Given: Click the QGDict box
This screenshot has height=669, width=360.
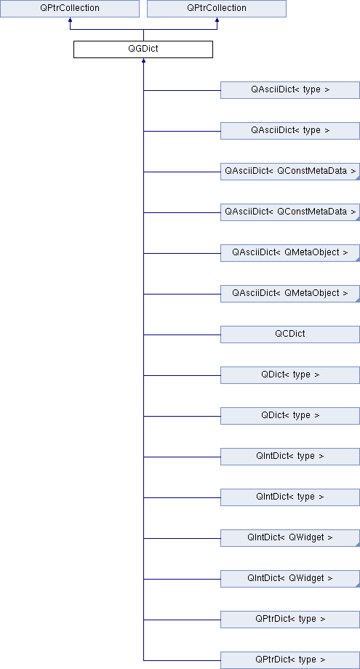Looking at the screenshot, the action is pyautogui.click(x=143, y=49).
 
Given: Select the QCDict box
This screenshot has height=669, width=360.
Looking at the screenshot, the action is pyautogui.click(x=290, y=334).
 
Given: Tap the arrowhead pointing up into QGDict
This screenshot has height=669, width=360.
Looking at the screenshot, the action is pyautogui.click(x=143, y=61).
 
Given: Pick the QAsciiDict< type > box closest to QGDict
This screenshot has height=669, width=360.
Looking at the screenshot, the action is pyautogui.click(x=290, y=90).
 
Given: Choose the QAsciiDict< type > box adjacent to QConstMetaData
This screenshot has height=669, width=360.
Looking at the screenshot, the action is pyautogui.click(x=290, y=131).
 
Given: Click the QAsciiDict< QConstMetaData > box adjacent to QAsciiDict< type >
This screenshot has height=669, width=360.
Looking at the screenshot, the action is pyautogui.click(x=290, y=172).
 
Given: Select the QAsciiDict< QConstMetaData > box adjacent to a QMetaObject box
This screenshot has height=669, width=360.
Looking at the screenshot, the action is pyautogui.click(x=290, y=212).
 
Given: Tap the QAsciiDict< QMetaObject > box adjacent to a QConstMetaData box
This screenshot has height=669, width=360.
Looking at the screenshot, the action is pyautogui.click(x=290, y=252).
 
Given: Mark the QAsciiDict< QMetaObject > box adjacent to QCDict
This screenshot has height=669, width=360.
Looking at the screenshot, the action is pyautogui.click(x=290, y=294).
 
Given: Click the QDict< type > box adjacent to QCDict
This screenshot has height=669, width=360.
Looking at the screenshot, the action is pyautogui.click(x=290, y=375).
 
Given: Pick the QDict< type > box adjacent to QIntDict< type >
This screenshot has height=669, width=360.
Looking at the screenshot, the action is pyautogui.click(x=290, y=415).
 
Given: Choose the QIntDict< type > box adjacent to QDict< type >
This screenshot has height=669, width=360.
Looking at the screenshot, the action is pyautogui.click(x=290, y=457).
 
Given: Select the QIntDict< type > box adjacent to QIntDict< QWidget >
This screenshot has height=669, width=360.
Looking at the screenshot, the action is pyautogui.click(x=290, y=497).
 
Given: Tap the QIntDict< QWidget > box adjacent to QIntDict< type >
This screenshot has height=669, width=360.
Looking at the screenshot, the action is pyautogui.click(x=290, y=538).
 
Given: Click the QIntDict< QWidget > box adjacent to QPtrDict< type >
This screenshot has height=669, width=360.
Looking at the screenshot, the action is pyautogui.click(x=290, y=579).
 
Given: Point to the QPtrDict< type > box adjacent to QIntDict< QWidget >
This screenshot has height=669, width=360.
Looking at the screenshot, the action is pyautogui.click(x=290, y=619).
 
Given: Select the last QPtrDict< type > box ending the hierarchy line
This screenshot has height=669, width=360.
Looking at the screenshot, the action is pyautogui.click(x=290, y=660).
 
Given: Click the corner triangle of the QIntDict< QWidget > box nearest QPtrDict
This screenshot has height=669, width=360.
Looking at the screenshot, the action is pyautogui.click(x=358, y=585).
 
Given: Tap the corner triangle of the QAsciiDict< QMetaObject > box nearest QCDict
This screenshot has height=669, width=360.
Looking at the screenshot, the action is pyautogui.click(x=358, y=300).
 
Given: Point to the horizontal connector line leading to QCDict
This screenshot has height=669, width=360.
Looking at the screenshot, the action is pyautogui.click(x=182, y=334).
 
